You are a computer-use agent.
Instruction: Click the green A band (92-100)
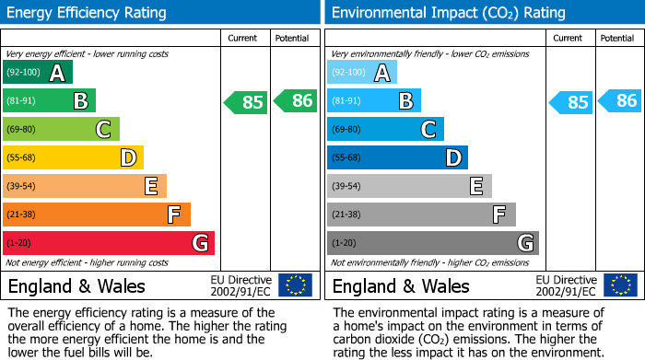tap(37, 73)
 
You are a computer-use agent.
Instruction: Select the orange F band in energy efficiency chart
tap(96, 215)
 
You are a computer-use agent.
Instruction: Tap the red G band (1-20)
tap(108, 244)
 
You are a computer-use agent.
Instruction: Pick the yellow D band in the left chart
tap(73, 158)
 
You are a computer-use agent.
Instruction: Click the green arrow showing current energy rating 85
tap(245, 102)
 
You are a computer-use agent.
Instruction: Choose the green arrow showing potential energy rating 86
tap(295, 101)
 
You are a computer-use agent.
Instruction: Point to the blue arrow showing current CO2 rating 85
tap(569, 102)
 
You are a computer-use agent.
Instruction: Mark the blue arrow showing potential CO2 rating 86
tap(619, 101)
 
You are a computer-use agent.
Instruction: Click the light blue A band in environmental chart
tap(361, 73)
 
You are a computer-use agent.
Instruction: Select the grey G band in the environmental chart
tap(432, 244)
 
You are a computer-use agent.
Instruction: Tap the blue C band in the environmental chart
tap(385, 130)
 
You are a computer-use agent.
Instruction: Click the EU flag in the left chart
tap(295, 285)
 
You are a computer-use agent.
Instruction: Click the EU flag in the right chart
tap(619, 285)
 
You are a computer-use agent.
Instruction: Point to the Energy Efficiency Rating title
tap(88, 13)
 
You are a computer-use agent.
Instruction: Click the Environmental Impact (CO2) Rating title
tap(447, 13)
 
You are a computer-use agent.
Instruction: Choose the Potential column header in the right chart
tap(617, 38)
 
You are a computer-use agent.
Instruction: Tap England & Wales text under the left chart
tap(71, 286)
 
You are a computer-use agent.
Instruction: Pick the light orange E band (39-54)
tap(84, 187)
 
